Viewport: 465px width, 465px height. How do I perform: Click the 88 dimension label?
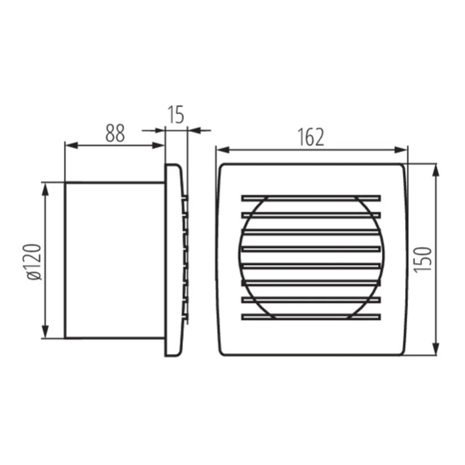pos(115,133)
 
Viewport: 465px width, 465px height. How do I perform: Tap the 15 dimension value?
pos(176,115)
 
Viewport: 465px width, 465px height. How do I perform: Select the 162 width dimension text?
pos(310,137)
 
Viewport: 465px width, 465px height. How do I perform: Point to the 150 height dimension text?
pos(423,260)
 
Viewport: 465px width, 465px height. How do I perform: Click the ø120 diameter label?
pos(34,262)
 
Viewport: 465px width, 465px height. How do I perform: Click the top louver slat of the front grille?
pos(311,198)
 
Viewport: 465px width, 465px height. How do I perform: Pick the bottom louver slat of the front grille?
pos(311,317)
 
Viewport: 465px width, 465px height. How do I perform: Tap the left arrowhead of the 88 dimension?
pos(71,145)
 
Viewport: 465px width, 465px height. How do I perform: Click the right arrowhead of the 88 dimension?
pos(158,145)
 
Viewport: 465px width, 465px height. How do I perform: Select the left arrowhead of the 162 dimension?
pos(223,150)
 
